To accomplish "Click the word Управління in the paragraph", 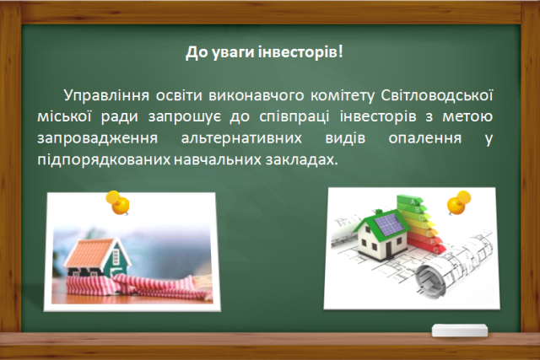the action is click(106, 95).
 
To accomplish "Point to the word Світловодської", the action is click(437, 95).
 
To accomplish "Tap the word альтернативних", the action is click(241, 138).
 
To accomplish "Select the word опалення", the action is click(425, 138).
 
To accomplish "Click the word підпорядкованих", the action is click(104, 160).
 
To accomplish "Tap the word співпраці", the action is click(294, 117).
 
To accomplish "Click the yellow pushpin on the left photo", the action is click(118, 202).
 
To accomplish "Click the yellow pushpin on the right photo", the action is click(458, 202).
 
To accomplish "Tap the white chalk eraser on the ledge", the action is click(460, 330).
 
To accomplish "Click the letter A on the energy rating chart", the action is click(413, 202).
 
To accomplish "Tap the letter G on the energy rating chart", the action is click(436, 250).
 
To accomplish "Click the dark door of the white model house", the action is click(390, 249).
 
